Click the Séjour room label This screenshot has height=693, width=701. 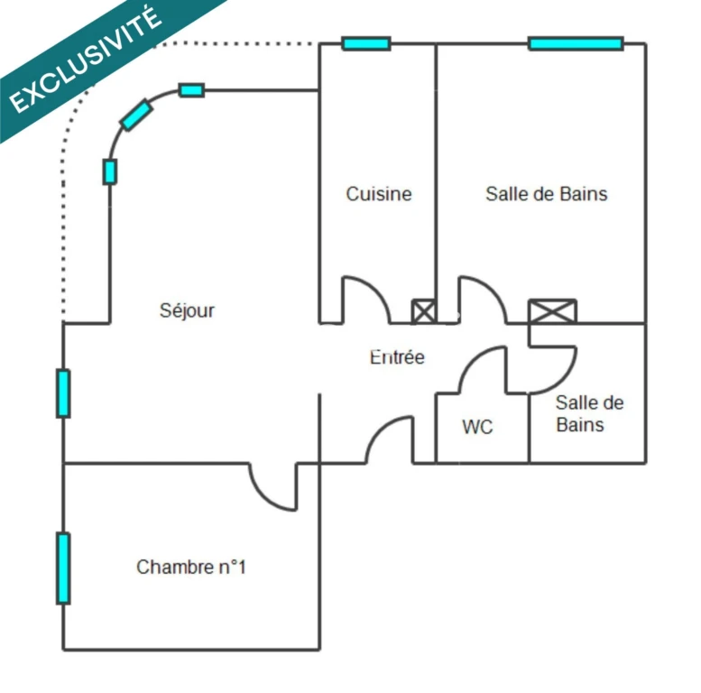tap(187, 310)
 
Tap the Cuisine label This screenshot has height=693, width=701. tap(379, 194)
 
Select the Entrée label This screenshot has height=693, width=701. tap(397, 356)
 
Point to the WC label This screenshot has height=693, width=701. tap(477, 427)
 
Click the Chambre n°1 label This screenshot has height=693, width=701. tap(191, 567)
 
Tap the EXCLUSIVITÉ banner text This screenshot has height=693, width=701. tap(85, 60)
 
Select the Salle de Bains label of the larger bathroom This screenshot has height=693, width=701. tap(547, 194)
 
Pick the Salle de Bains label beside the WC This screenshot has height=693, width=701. tap(589, 413)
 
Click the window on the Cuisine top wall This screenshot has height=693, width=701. tap(366, 44)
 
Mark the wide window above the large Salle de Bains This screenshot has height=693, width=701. tap(576, 44)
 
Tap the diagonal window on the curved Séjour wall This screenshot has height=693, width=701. tap(136, 115)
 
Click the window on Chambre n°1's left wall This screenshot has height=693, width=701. tap(63, 568)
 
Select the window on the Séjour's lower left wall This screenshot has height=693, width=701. tap(63, 393)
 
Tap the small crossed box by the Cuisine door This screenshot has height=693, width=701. tap(423, 311)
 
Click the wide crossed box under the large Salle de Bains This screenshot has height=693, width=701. tap(552, 311)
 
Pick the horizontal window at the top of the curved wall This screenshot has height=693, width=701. tap(192, 90)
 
